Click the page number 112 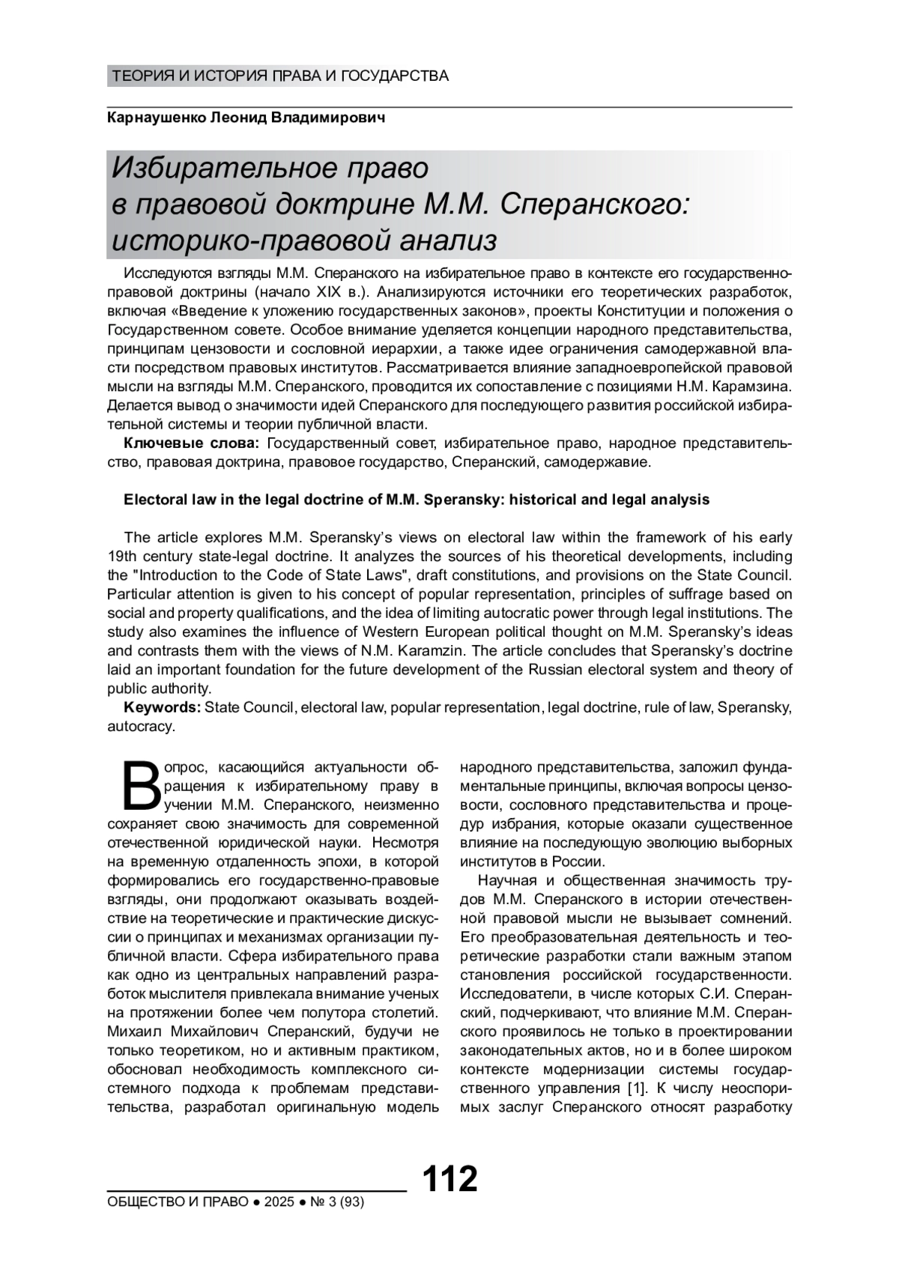(x=449, y=1179)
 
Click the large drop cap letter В (x=140, y=786)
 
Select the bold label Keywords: (x=162, y=707)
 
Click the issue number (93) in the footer (x=351, y=1202)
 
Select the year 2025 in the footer (x=279, y=1202)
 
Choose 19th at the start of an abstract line (x=123, y=556)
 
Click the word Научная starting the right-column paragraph (x=505, y=880)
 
